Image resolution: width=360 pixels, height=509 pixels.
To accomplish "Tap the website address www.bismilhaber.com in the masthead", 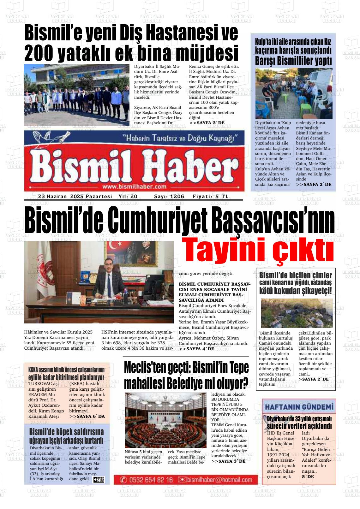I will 134,186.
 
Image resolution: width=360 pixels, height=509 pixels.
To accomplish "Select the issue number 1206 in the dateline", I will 177,196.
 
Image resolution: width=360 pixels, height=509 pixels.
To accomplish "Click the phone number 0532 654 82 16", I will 151,480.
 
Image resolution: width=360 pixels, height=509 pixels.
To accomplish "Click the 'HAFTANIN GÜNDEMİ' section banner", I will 299,407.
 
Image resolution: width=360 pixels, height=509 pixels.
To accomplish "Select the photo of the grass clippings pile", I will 297,313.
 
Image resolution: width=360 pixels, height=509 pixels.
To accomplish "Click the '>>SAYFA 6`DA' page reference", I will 87,417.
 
